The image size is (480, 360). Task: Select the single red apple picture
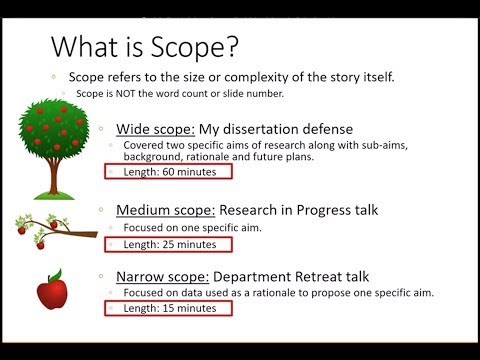point(50,293)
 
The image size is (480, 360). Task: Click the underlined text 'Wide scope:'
point(149,129)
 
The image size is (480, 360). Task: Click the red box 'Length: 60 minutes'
point(168,171)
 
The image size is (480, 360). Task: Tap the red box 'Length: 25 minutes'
point(168,244)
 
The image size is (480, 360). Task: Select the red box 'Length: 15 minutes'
point(168,308)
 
